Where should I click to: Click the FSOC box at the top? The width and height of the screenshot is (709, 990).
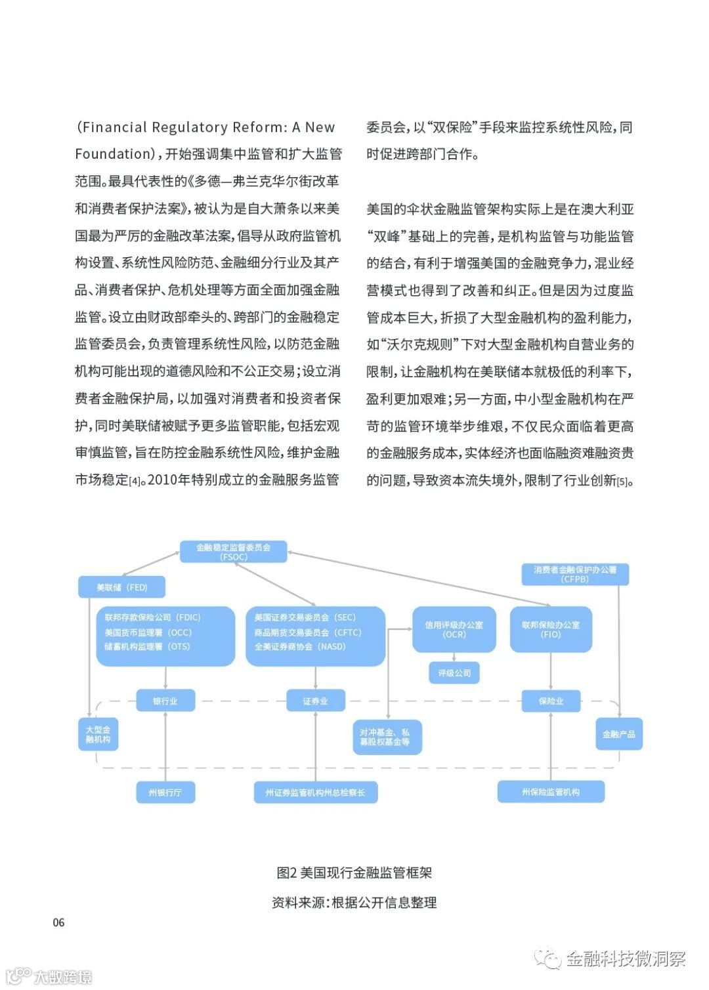234,552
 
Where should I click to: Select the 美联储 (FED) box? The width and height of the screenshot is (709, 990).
121,587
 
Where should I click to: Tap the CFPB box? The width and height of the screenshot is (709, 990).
575,574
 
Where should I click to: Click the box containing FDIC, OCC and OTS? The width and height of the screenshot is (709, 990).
165,636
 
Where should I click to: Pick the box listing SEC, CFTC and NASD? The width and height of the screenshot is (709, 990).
315,636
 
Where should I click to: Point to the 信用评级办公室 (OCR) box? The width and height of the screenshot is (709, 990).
454,629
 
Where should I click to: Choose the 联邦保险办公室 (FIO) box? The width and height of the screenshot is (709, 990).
551,629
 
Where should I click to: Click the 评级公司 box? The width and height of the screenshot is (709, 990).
454,673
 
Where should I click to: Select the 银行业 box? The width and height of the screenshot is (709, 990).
165,701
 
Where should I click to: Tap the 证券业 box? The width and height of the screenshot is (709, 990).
315,701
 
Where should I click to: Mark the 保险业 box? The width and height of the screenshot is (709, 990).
551,701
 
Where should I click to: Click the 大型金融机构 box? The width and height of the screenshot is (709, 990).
98,734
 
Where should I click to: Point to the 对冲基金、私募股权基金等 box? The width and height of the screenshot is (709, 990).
387,737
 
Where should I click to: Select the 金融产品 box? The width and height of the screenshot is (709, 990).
618,734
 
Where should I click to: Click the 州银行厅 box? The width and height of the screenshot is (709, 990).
165,792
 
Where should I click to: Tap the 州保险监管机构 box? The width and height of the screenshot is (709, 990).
551,792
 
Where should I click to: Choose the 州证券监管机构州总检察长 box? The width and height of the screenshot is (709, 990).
315,792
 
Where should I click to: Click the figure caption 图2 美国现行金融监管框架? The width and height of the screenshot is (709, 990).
354,873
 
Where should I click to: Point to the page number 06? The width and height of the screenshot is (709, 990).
58,922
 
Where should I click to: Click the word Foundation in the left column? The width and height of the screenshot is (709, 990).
114,154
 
